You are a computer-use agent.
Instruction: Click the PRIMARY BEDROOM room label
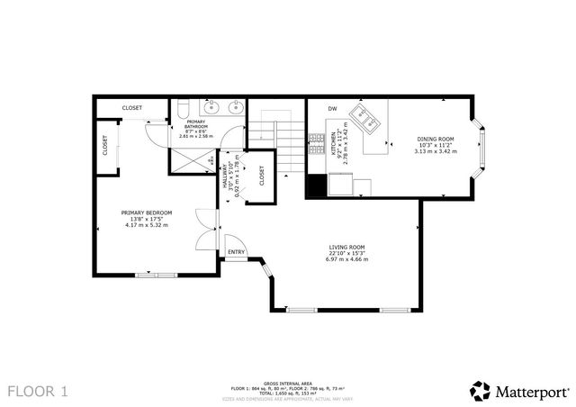point(146,213)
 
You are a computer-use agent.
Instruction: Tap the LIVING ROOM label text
point(346,248)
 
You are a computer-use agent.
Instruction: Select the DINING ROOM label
point(435,140)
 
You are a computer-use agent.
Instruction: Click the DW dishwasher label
point(332,109)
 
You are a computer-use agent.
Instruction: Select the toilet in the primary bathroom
point(180,110)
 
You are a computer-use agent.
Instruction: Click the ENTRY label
point(236,252)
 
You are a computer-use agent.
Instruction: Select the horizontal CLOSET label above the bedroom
point(132,108)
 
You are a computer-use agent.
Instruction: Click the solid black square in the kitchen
point(315,186)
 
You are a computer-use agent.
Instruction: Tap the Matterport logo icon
point(480,391)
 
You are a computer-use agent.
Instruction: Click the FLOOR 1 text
point(38,391)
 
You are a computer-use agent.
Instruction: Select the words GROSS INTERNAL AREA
point(290,383)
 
